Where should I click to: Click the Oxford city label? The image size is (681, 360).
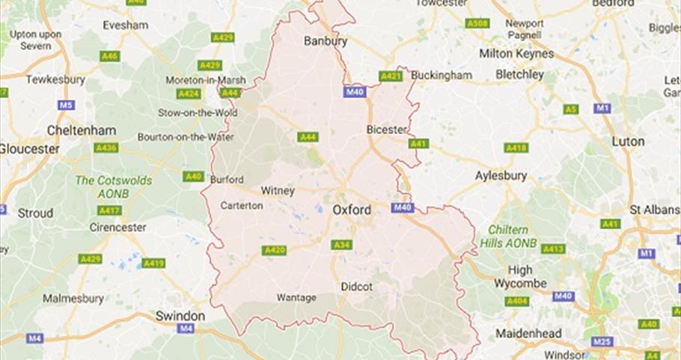point(351,210)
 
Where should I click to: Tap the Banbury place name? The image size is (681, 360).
point(326,41)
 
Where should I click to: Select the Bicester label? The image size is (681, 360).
point(386,129)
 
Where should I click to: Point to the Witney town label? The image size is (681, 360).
point(277,190)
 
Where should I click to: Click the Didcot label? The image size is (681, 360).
point(356,287)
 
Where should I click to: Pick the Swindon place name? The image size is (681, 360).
point(180,316)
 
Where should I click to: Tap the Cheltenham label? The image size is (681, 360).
point(82,130)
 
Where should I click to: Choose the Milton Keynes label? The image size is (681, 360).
point(516,54)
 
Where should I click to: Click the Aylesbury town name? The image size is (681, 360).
point(501,176)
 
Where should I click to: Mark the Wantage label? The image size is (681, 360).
point(296,297)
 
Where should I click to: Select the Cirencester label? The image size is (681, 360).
point(116,227)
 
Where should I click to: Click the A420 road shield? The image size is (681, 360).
point(274,250)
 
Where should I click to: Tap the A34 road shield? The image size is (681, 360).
point(342,245)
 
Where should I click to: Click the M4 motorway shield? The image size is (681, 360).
point(186,329)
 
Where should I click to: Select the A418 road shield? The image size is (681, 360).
point(516,148)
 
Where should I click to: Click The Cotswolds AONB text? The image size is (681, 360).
point(114,186)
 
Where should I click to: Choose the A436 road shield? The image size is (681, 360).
point(106,148)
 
